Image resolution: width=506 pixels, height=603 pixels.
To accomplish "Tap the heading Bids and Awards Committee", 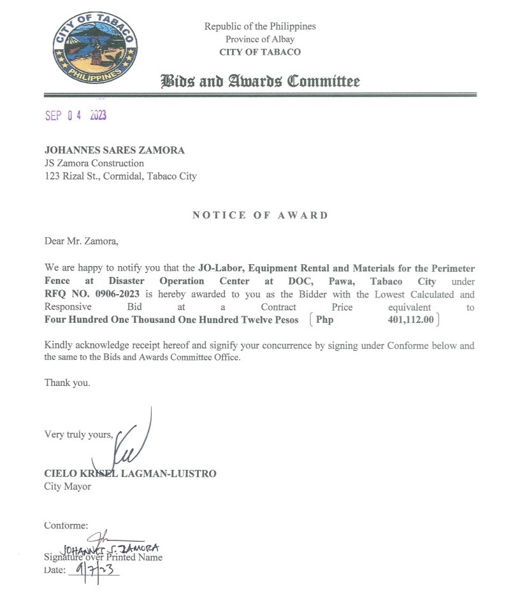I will click(260, 82).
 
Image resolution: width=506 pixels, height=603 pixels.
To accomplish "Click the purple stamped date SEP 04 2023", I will click(75, 115).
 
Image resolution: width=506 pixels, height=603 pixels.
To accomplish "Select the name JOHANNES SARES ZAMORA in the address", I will click(114, 151).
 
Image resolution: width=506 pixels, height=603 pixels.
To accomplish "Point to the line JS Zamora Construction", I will click(94, 164).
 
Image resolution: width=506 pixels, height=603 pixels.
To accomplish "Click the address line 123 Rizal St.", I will click(120, 176).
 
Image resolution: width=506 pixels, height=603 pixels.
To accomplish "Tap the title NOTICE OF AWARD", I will click(260, 215).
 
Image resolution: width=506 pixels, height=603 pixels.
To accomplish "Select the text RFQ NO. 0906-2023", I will click(92, 294).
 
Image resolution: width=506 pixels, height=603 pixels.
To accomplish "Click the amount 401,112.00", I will click(410, 320).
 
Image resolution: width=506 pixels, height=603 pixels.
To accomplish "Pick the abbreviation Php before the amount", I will click(325, 320).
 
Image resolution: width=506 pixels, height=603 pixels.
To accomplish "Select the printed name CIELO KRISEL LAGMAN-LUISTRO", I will click(130, 474).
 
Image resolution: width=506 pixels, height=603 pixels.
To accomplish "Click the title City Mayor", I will click(67, 486).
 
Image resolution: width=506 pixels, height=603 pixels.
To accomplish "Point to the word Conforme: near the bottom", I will click(66, 525).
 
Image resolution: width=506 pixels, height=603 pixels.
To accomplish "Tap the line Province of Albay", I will click(260, 39).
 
